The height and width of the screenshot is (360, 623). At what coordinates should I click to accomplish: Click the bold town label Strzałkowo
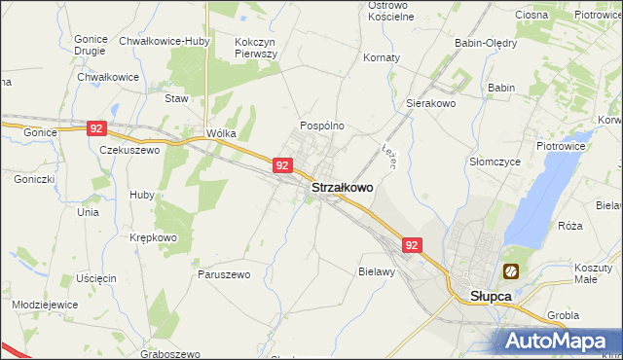point(342,187)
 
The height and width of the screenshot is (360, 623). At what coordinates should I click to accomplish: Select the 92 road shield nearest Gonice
point(95,128)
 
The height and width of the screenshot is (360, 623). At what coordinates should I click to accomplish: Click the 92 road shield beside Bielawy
point(412,246)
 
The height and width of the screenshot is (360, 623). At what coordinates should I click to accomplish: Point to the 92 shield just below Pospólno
point(281,165)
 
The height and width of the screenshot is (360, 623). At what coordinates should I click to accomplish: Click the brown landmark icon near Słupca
point(511,271)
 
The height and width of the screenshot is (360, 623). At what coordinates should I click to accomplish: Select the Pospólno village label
point(321,126)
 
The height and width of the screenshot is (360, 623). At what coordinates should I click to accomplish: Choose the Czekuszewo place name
point(129,151)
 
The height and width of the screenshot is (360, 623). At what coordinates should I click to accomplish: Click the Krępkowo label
point(154,237)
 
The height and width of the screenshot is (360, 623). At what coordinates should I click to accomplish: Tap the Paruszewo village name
point(224,274)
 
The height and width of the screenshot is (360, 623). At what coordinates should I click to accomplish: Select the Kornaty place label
point(382,57)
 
